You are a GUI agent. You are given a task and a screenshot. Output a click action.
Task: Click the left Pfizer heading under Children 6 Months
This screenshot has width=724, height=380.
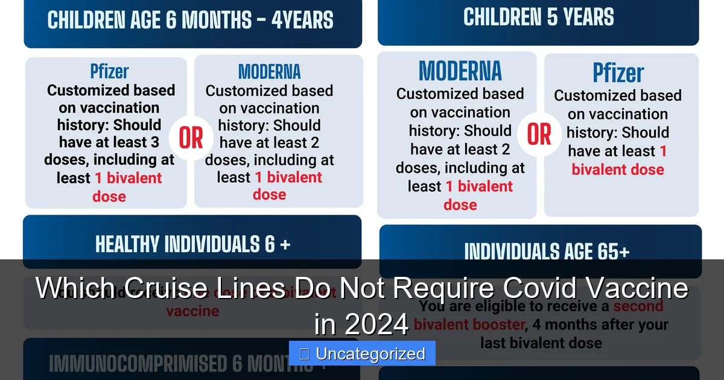[x=109, y=71]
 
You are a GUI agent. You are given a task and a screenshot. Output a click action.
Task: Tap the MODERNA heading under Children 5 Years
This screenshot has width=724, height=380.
[x=460, y=71]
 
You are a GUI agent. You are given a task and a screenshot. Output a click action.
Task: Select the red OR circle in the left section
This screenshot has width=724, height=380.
[x=191, y=139]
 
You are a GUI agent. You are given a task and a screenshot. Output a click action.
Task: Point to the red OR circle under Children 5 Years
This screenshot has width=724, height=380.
[x=539, y=135]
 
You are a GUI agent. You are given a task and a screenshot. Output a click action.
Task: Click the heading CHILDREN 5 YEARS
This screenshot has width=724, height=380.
[x=538, y=17]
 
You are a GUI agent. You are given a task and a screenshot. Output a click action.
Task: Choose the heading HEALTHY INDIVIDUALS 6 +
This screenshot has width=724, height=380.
[x=192, y=244]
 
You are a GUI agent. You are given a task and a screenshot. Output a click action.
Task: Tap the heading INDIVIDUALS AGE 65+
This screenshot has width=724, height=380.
[x=547, y=252]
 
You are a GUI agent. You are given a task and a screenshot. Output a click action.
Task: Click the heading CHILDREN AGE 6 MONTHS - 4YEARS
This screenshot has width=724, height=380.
[x=190, y=20]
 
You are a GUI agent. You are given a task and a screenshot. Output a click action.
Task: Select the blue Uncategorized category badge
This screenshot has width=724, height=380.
[x=362, y=353]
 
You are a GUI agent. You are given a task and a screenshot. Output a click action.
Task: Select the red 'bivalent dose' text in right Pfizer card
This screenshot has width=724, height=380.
[x=618, y=169]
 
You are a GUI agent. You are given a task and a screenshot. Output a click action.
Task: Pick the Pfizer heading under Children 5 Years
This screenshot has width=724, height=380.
[x=618, y=74]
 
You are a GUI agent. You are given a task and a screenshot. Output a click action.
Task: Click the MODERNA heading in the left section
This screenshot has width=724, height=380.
[x=269, y=72]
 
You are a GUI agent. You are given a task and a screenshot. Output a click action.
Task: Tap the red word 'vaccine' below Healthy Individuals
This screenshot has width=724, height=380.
[x=192, y=311]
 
